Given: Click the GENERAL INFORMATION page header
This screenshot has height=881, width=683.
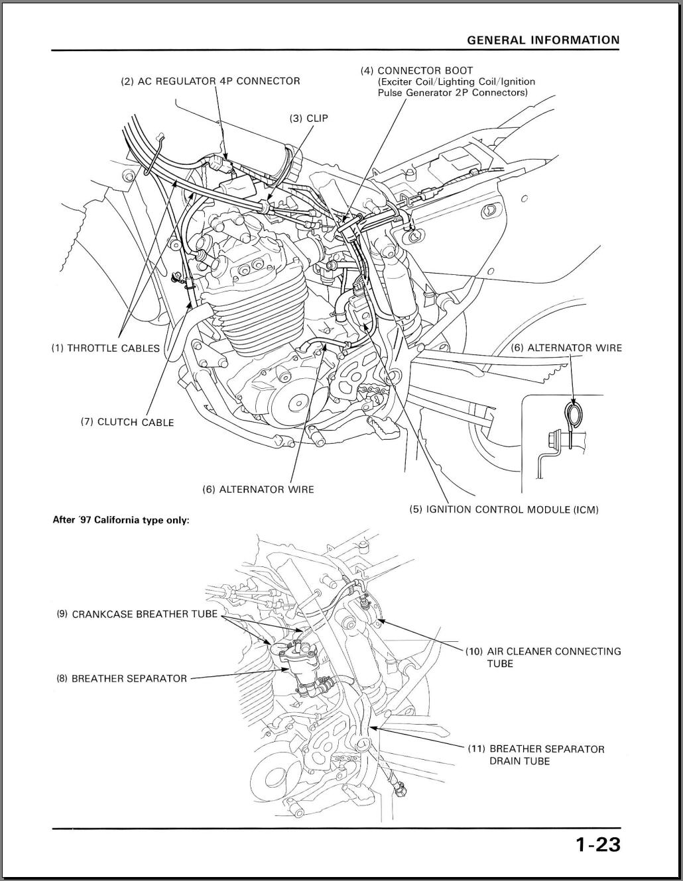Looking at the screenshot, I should pyautogui.click(x=543, y=40).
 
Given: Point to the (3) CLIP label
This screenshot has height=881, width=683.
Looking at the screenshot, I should pyautogui.click(x=308, y=118).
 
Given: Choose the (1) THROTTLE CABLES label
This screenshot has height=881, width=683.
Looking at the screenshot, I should pyautogui.click(x=105, y=348).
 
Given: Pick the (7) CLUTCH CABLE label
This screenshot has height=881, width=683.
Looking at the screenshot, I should pyautogui.click(x=127, y=422).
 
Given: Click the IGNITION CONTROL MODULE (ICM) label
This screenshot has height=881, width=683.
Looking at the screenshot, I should pyautogui.click(x=503, y=509).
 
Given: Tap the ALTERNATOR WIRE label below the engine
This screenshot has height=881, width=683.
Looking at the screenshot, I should pyautogui.click(x=258, y=490).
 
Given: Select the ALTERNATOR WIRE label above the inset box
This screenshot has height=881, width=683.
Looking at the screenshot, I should pyautogui.click(x=566, y=347).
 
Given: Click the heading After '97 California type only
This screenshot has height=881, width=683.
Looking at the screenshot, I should pyautogui.click(x=121, y=520).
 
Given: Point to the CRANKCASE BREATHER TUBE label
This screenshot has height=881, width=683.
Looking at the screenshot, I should pyautogui.click(x=137, y=614).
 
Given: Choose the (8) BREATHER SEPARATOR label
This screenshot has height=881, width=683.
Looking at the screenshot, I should pyautogui.click(x=121, y=678).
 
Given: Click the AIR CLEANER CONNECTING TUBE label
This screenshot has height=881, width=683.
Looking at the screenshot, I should pyautogui.click(x=543, y=657).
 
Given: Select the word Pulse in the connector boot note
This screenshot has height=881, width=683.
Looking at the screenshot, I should pyautogui.click(x=392, y=93).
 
